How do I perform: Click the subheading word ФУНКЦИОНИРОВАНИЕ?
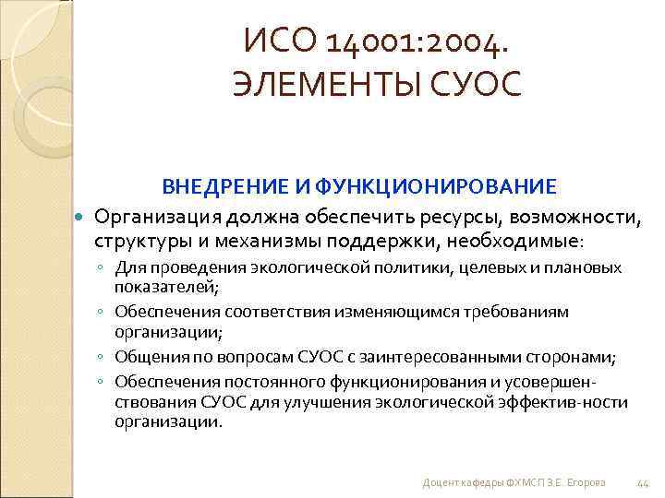435,187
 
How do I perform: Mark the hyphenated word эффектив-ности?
568,401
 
